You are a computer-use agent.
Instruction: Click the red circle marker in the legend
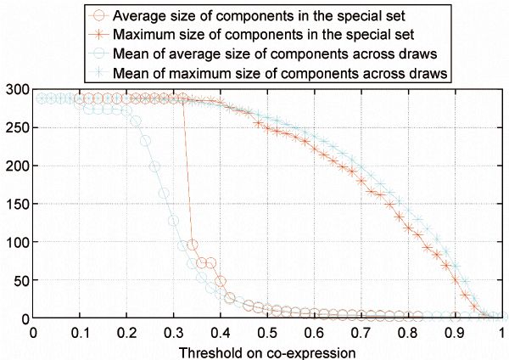tap(102, 15)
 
